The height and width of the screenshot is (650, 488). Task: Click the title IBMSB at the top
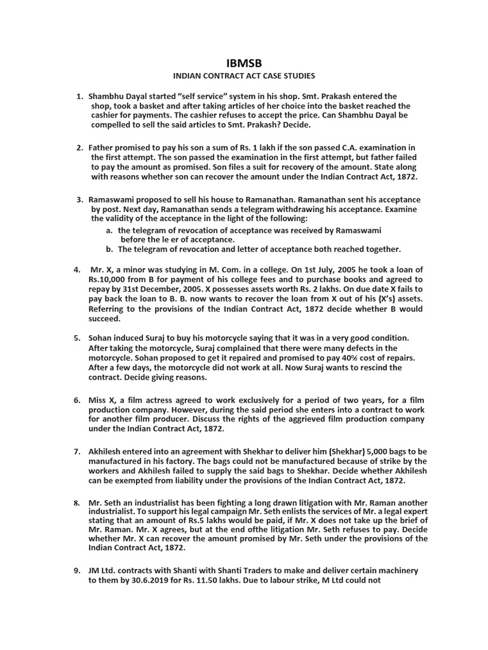[x=244, y=63]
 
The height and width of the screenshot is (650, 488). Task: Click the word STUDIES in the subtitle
[x=298, y=76]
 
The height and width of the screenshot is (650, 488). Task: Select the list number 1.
[x=79, y=96]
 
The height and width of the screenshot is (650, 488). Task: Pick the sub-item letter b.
[x=110, y=249]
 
